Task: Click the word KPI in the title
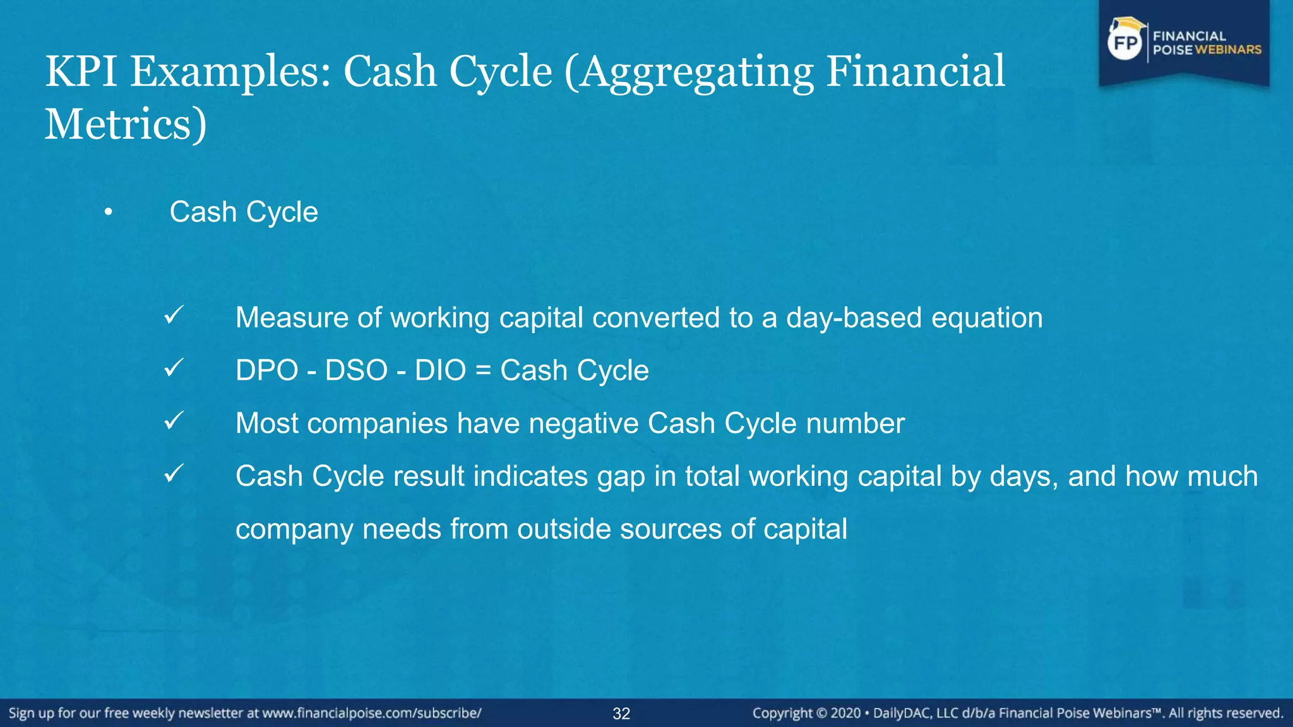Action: (x=81, y=71)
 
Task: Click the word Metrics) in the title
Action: (x=125, y=124)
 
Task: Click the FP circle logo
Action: (x=1126, y=43)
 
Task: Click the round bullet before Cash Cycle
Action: (x=109, y=213)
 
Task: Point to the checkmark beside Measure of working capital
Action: (x=174, y=315)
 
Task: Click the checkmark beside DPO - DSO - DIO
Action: (x=174, y=367)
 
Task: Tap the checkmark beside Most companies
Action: (x=174, y=420)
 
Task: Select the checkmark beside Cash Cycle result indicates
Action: (x=174, y=473)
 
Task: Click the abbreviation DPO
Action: (x=266, y=370)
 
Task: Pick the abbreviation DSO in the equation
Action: (x=356, y=370)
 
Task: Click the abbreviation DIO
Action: (x=440, y=370)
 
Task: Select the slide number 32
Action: (x=621, y=714)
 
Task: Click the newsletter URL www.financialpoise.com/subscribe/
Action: (x=372, y=713)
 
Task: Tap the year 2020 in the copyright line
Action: (x=845, y=713)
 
